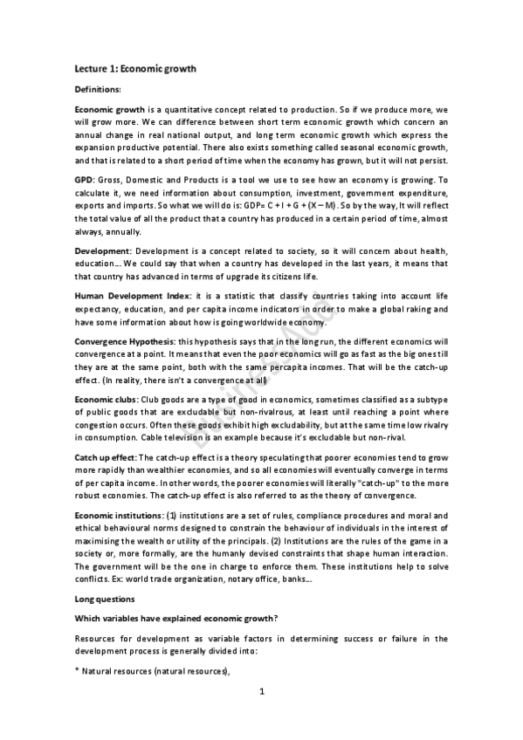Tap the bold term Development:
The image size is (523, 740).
pyautogui.click(x=104, y=251)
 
